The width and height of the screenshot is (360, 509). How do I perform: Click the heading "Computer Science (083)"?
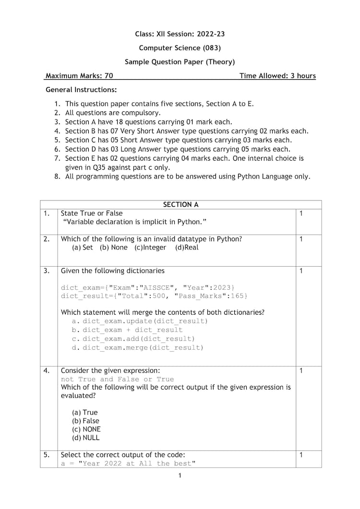pos(180,47)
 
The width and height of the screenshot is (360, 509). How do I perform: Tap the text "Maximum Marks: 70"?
pos(79,76)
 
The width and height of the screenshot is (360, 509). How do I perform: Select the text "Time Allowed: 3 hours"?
pos(277,76)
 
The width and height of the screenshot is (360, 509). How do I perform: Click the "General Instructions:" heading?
pos(81,90)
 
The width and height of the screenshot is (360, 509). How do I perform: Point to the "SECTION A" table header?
pos(180,204)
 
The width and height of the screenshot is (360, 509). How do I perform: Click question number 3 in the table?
pos(47,271)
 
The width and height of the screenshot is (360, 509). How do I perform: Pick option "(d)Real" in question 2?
pos(187,248)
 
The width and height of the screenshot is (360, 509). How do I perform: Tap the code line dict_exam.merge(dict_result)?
pos(143,348)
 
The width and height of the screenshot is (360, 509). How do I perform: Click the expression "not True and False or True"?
pos(118,379)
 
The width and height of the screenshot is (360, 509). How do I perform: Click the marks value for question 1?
pos(301,213)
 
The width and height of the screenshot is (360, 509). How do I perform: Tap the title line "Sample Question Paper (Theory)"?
pos(180,61)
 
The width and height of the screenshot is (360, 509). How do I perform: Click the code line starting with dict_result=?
pos(154,296)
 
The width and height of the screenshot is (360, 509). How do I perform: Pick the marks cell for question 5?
pos(301,454)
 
